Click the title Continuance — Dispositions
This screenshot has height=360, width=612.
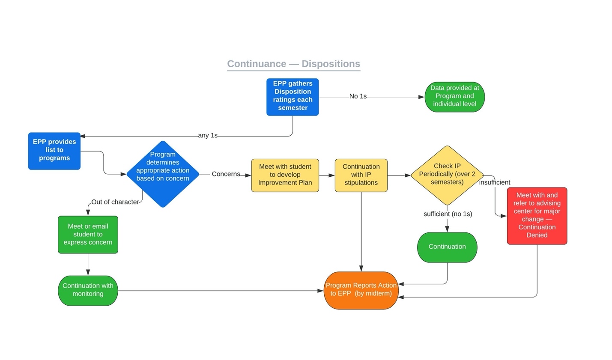tap(293, 64)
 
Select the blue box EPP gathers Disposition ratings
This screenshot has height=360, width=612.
tap(293, 97)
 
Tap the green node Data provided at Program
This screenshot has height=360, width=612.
tap(454, 97)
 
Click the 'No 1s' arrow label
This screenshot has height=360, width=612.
tap(358, 96)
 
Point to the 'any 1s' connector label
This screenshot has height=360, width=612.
tap(208, 135)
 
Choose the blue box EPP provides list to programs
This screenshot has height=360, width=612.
tap(54, 151)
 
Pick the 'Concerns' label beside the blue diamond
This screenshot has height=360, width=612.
tap(226, 174)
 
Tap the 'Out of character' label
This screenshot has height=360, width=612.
tap(115, 202)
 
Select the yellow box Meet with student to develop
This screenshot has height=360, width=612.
tap(285, 175)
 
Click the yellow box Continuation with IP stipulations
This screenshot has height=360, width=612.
tap(361, 175)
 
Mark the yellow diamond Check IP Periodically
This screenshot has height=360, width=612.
tap(447, 175)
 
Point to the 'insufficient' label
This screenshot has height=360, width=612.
tap(495, 182)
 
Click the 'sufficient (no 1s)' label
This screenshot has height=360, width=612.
tap(448, 214)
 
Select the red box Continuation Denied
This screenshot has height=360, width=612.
tap(537, 216)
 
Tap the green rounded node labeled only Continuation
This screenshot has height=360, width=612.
tap(447, 247)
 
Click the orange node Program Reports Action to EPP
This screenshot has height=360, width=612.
tap(361, 290)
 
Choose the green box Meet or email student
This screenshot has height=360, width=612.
tap(88, 234)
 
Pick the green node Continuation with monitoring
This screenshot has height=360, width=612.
tap(88, 290)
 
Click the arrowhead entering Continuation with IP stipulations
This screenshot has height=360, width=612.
tap(332, 175)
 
